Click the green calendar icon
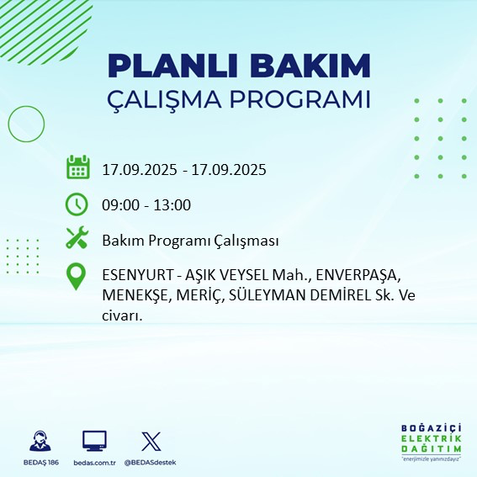point(77,167)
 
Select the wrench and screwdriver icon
point(77,239)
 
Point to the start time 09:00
point(119,204)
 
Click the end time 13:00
point(172,204)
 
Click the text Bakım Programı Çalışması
point(190,241)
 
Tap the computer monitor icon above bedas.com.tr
point(93,441)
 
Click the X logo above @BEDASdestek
point(150,441)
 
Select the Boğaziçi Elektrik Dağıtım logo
point(432,443)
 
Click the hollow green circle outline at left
point(26,124)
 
